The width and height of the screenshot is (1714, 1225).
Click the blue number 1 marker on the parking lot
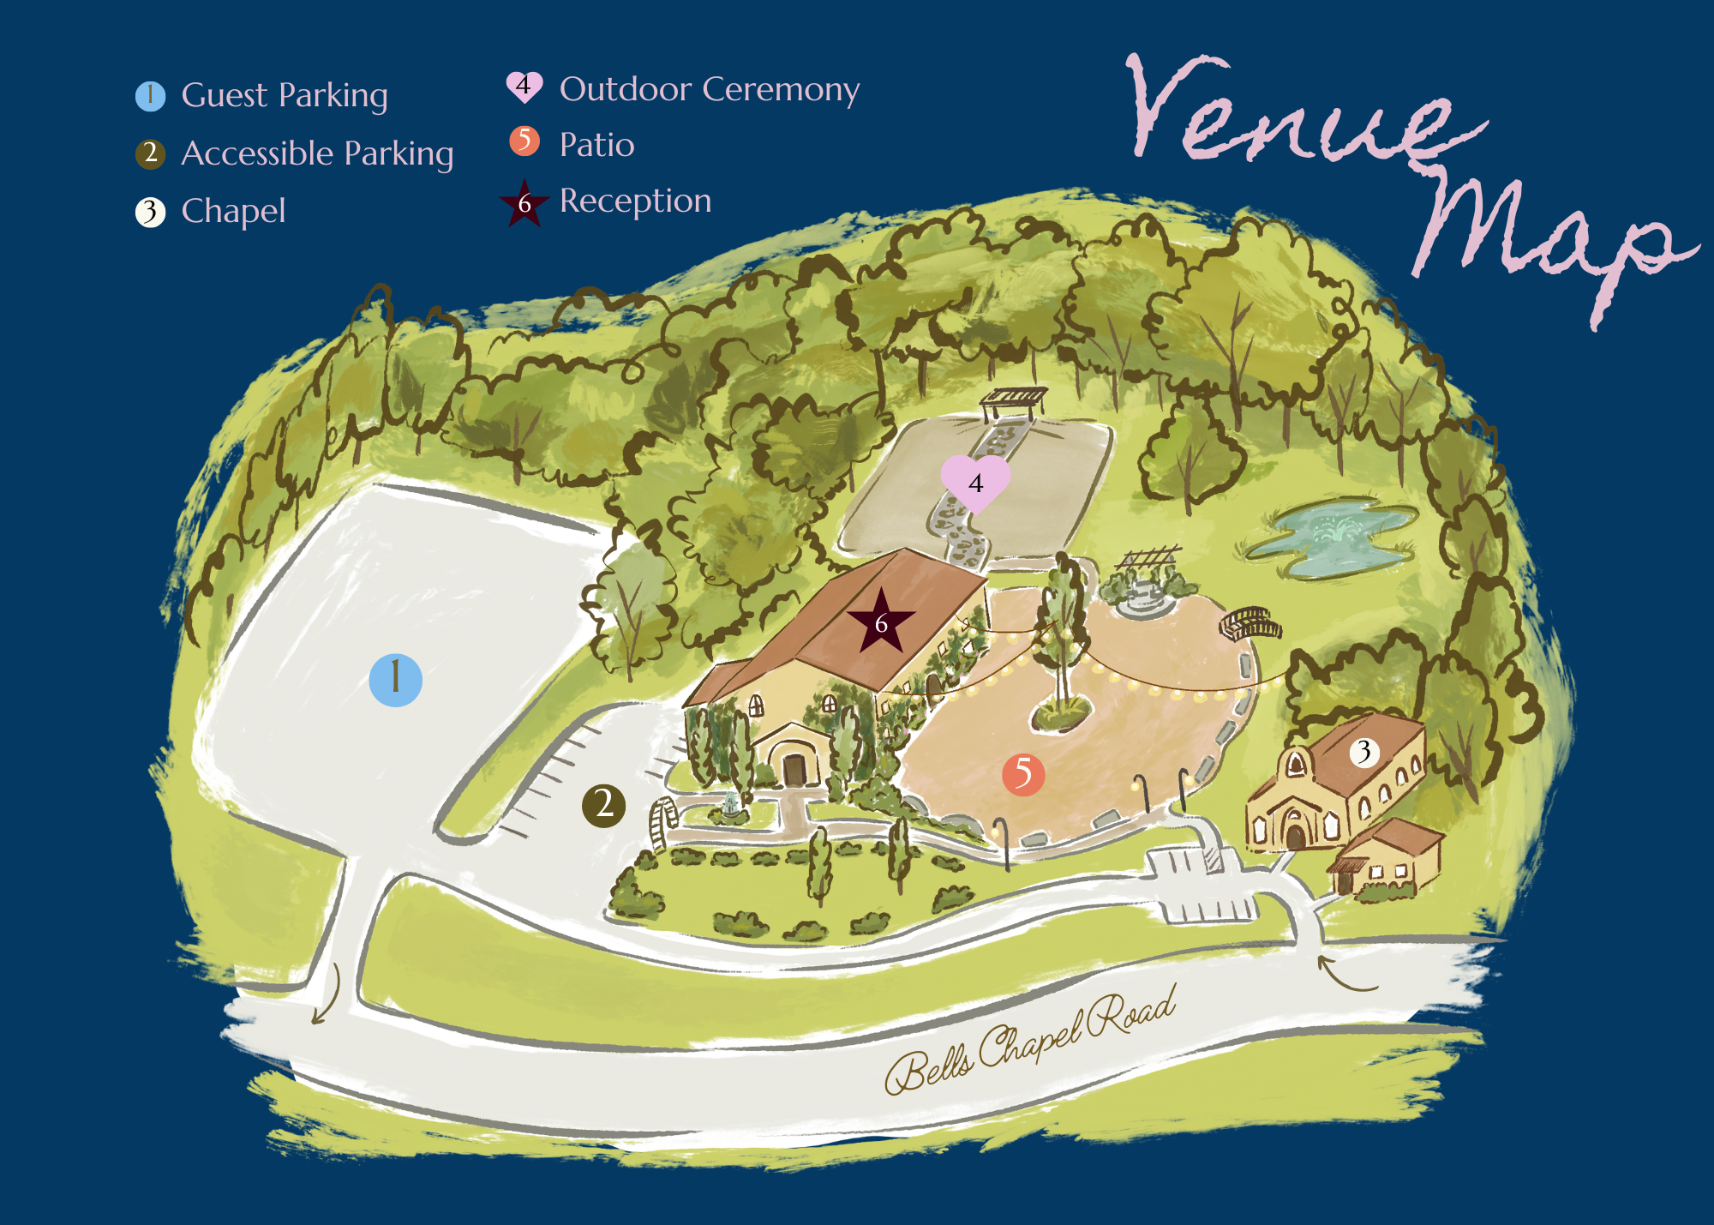tap(395, 680)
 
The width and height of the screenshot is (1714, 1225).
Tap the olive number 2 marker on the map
tap(603, 805)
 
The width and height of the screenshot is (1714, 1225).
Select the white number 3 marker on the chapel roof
tap(1364, 752)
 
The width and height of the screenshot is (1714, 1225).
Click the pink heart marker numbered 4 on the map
tap(975, 483)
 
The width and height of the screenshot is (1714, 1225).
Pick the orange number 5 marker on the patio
tap(1023, 774)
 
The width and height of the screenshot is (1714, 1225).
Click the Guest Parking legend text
tap(285, 95)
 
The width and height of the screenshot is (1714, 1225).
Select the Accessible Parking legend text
tap(317, 153)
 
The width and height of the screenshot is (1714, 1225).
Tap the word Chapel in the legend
tap(233, 211)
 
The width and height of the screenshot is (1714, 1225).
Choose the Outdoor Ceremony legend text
tap(709, 89)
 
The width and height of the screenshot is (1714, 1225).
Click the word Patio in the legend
tap(596, 145)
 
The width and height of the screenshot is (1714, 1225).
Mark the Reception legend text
tap(635, 201)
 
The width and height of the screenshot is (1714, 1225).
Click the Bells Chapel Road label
tap(1028, 1042)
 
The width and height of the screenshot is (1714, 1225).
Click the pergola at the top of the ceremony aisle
tap(1015, 399)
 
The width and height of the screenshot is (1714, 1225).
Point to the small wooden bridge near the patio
tap(1250, 623)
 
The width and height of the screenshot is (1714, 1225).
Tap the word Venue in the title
tap(1294, 111)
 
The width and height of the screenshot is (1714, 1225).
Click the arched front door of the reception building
tap(794, 769)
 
